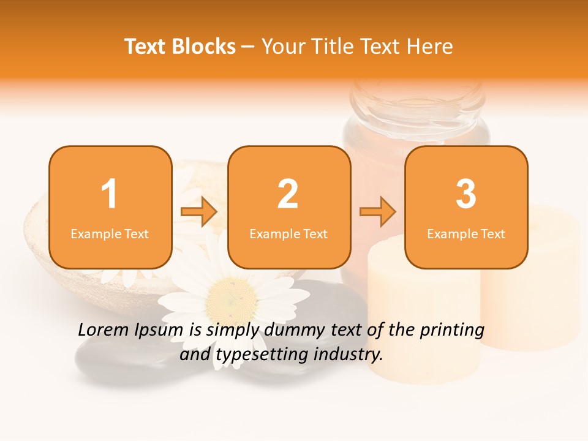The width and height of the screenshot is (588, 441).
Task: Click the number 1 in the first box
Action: pyautogui.click(x=110, y=194)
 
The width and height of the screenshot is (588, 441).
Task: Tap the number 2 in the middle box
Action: pyautogui.click(x=288, y=194)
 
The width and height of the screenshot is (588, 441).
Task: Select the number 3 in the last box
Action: pyautogui.click(x=466, y=194)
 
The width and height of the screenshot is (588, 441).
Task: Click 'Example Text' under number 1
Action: pyautogui.click(x=110, y=233)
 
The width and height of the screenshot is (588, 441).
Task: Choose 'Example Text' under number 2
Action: pyautogui.click(x=288, y=233)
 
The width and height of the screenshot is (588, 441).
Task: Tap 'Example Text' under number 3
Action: pyautogui.click(x=466, y=233)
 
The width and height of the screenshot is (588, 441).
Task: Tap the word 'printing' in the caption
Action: pyautogui.click(x=451, y=331)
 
